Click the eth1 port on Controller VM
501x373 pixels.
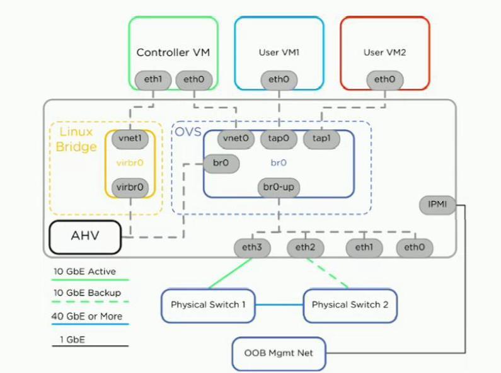(x=153, y=80)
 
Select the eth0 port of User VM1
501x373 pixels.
(x=279, y=80)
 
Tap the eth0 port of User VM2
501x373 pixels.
(x=384, y=80)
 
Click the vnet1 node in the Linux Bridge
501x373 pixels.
(x=130, y=139)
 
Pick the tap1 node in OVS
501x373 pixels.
(x=321, y=139)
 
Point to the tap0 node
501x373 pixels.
(x=279, y=139)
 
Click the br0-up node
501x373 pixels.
(x=279, y=188)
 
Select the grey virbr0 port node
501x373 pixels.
(x=130, y=188)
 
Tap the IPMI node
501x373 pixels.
(x=437, y=205)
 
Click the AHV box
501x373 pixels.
(x=85, y=237)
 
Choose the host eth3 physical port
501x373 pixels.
(x=252, y=248)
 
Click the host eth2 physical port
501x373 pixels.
(x=306, y=248)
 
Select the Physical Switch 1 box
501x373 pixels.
(x=208, y=306)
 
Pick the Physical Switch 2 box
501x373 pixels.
(x=350, y=306)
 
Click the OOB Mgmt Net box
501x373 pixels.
(x=279, y=354)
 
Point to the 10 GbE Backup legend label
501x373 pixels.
(x=87, y=293)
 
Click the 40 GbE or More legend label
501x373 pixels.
(x=87, y=316)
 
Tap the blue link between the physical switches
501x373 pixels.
(x=279, y=305)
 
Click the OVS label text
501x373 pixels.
(x=188, y=132)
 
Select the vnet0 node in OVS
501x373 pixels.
(x=236, y=139)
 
